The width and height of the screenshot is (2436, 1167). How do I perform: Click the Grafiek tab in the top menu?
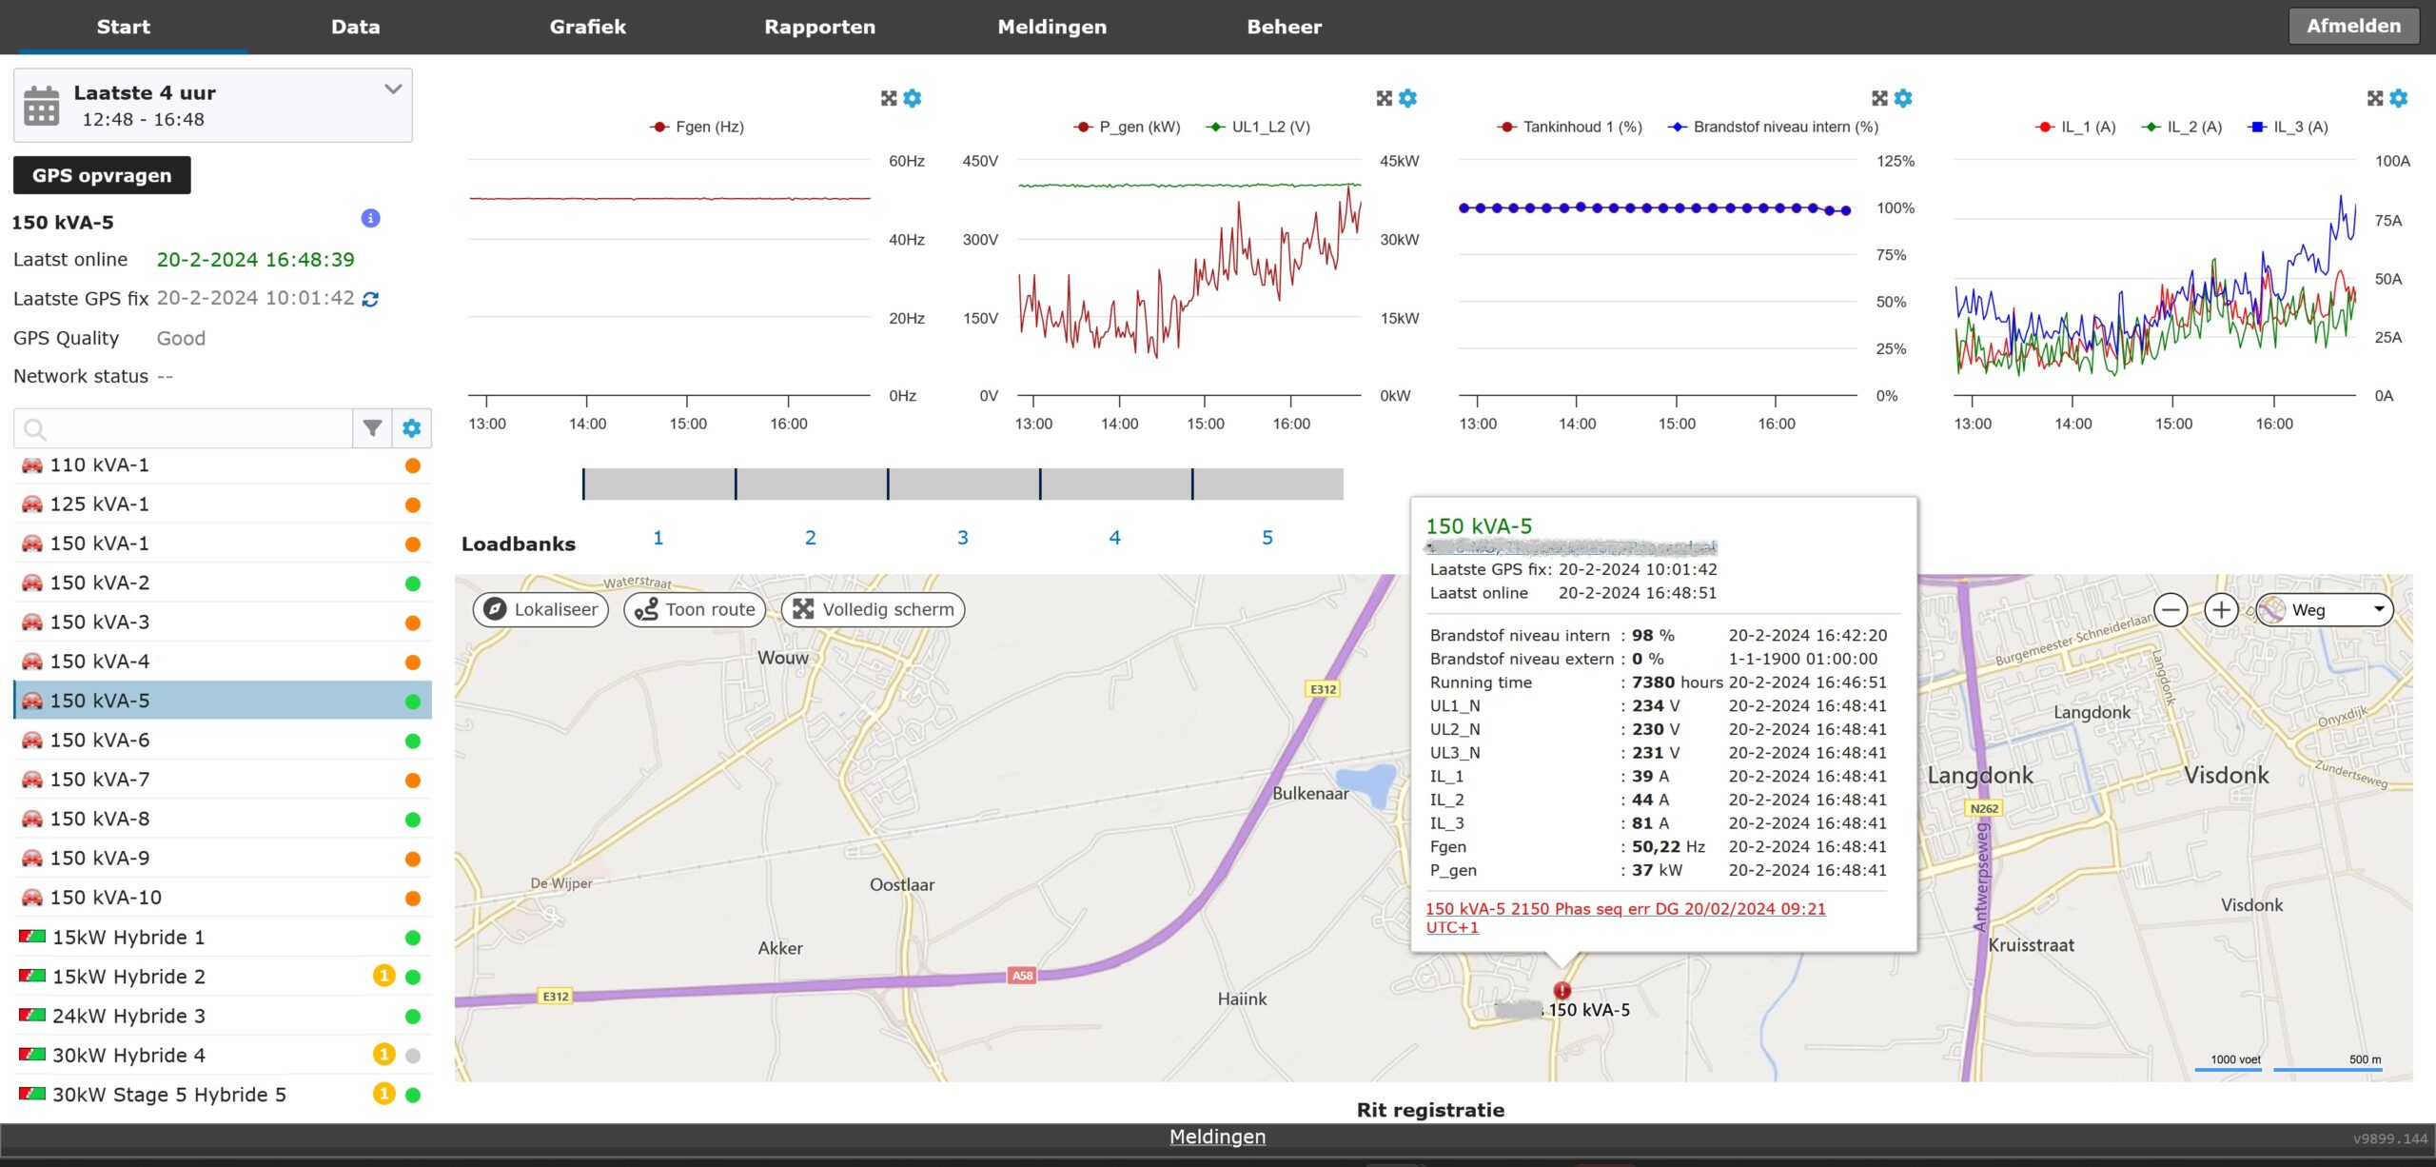(587, 27)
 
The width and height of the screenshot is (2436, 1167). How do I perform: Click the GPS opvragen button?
(102, 175)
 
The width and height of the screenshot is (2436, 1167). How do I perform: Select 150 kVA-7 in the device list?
(100, 780)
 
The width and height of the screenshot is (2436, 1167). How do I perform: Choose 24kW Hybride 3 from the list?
(128, 1016)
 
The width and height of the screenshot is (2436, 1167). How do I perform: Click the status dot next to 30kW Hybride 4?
(413, 1056)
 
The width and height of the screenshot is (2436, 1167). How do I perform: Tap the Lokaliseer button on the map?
(540, 609)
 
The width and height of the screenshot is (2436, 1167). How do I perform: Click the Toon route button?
(695, 609)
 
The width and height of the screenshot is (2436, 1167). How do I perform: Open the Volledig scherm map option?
(873, 609)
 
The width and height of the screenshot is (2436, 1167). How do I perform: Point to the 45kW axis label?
(1399, 161)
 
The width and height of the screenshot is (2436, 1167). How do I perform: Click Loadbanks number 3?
(962, 538)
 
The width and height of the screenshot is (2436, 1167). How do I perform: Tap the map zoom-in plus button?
(2221, 609)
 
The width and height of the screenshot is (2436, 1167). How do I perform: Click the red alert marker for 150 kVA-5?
(1562, 990)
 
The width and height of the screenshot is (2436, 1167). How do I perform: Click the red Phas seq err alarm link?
(1624, 909)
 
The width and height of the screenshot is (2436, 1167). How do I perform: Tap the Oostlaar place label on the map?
(901, 884)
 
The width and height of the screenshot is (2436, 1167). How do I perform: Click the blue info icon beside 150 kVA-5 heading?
(370, 218)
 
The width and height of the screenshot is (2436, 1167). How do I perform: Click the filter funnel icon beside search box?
(372, 428)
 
